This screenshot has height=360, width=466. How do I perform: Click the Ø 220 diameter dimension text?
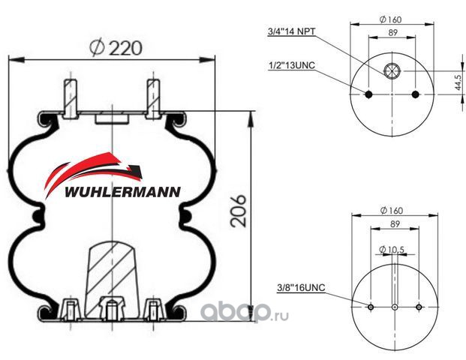tap(116, 47)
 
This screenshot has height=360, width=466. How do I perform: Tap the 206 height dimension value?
tap(239, 211)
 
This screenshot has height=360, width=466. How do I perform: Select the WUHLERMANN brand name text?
tap(122, 192)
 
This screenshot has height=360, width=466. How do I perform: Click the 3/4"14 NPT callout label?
tap(292, 31)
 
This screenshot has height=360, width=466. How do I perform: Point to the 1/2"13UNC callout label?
tap(292, 65)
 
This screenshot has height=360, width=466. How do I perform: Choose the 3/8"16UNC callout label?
tap(302, 287)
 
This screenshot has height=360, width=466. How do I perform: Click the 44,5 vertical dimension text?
tap(458, 82)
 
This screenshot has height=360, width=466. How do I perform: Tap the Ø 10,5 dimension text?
tap(392, 250)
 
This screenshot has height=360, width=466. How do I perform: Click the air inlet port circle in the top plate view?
tap(392, 71)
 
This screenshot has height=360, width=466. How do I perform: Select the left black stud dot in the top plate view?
tap(368, 94)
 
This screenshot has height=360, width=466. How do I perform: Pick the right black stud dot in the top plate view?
tap(416, 94)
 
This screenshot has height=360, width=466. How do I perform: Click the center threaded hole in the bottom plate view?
tap(395, 307)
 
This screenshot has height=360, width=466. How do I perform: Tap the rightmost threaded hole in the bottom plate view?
tap(419, 307)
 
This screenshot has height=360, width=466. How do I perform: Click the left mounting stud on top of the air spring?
tap(71, 98)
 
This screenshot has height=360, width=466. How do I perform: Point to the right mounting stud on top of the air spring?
tap(153, 98)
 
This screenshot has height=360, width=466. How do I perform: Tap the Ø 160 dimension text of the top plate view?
tap(390, 19)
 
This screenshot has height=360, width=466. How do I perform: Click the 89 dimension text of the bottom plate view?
tap(395, 224)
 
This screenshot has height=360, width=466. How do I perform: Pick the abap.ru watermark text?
tap(245, 313)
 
